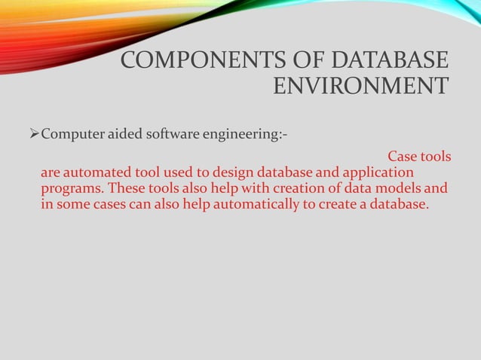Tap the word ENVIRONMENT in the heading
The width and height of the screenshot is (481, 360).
tap(360, 87)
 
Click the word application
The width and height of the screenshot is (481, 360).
tap(377, 173)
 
